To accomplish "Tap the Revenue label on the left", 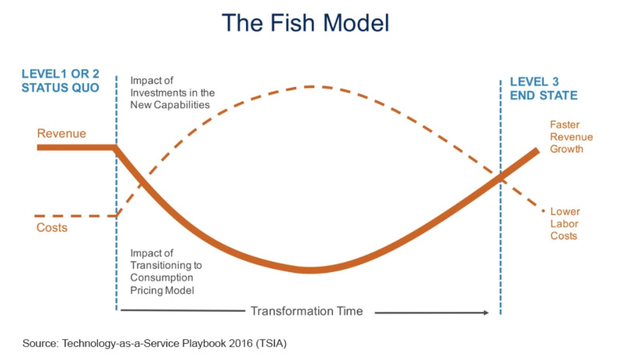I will click(x=61, y=133).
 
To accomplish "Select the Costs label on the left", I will click(x=51, y=227).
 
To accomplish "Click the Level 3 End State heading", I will click(x=543, y=88).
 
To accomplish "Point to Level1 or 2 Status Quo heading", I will click(x=60, y=81).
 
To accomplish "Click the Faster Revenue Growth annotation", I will click(x=571, y=136).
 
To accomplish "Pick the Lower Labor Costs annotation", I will click(x=565, y=223).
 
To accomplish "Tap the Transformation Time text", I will click(x=307, y=311).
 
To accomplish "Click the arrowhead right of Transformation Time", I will click(x=486, y=312).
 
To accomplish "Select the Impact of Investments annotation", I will click(x=172, y=93).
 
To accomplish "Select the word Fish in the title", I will click(x=288, y=24).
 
